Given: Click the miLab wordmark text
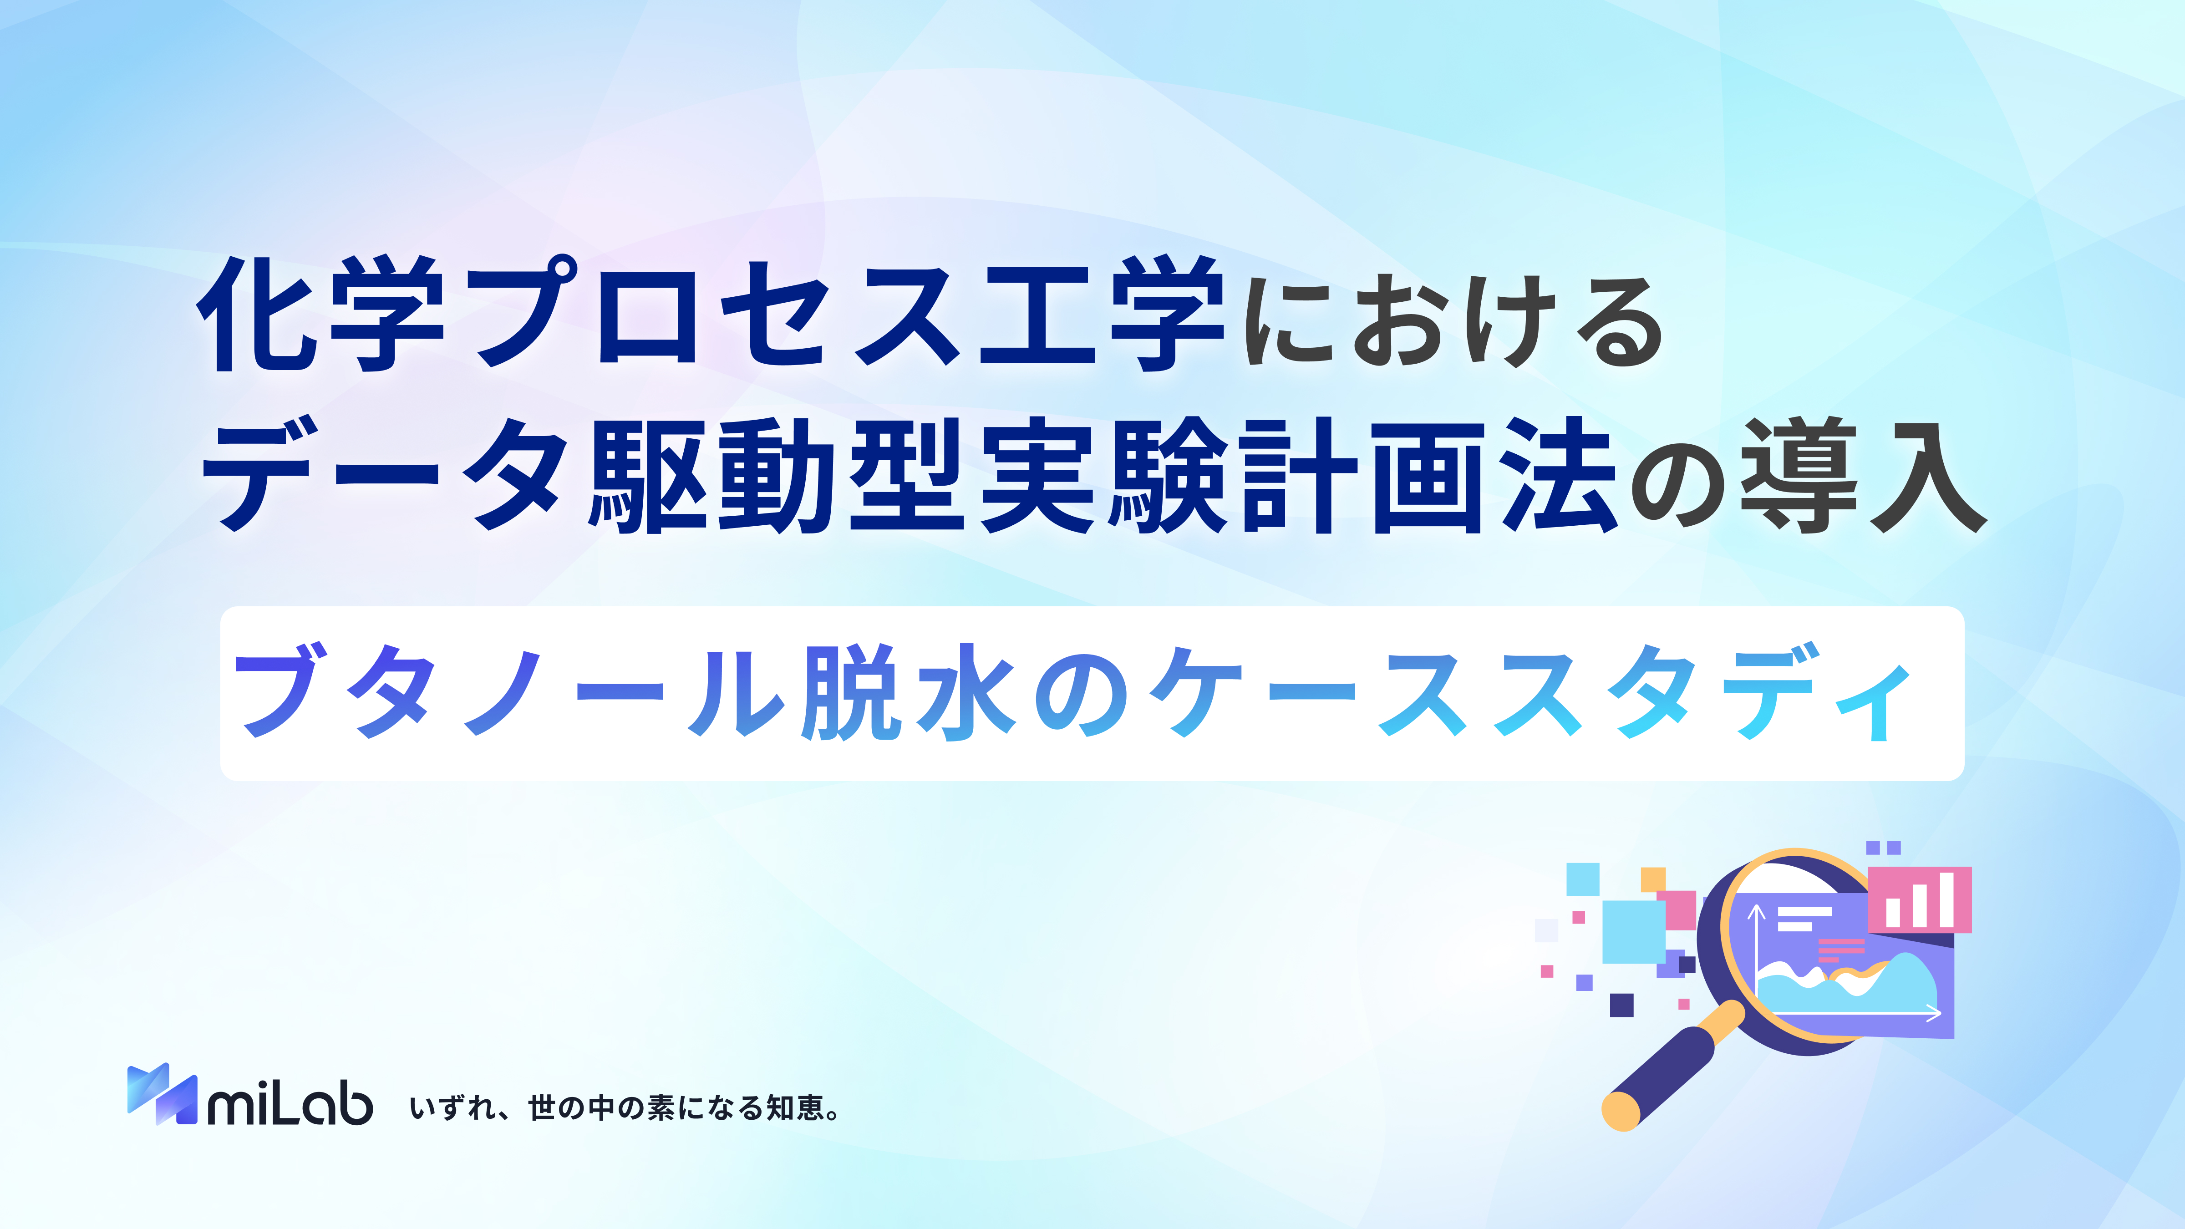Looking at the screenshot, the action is coord(290,1102).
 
